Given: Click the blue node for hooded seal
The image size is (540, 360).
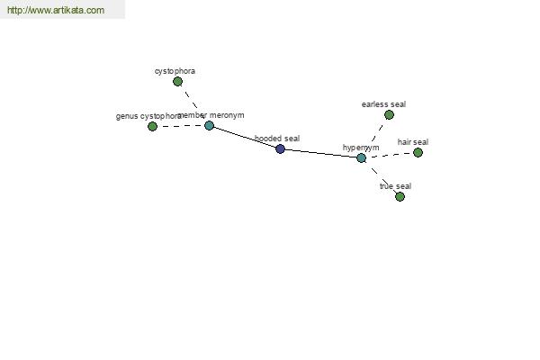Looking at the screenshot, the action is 280,149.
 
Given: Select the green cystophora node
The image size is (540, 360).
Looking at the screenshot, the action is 177,82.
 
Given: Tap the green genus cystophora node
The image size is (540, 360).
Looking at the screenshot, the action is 152,126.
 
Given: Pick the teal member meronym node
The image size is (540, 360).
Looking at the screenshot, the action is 210,125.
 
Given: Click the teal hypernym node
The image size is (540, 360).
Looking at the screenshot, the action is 361,158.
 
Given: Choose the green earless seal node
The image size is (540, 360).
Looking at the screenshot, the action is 389,114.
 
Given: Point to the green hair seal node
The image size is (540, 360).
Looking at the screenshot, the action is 418,153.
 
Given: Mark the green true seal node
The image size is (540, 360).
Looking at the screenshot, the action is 400,197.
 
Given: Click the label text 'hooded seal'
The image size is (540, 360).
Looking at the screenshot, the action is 277,139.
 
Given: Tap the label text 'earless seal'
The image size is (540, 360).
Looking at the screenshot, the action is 383,104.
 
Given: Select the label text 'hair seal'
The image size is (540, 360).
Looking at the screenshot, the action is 413,142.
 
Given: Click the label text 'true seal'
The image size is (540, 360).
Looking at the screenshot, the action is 395,186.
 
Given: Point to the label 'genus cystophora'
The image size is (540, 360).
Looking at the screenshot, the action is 148,116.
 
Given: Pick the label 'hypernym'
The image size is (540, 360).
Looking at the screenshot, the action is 361,148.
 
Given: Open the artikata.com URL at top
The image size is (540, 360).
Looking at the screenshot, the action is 56,10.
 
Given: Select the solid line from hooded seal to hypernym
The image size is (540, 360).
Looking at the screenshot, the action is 321,154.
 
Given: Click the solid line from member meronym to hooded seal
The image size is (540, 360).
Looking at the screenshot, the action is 245,138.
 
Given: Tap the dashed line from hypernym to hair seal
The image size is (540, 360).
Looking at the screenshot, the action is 391,155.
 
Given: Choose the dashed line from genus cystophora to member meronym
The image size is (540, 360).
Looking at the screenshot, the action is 181,126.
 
